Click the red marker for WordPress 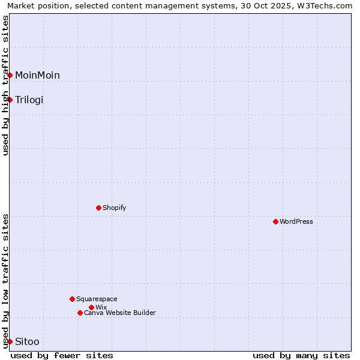pos(275,221)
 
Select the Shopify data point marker pos(98,208)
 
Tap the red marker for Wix pos(91,307)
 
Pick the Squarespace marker pos(72,299)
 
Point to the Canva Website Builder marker pos(80,313)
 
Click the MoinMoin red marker pos(10,75)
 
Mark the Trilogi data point pos(10,100)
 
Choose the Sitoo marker pos(10,341)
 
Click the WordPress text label pos(296,221)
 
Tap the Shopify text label pos(114,208)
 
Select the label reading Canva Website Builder pos(120,313)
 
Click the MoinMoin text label pos(37,75)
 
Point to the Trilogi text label pos(29,100)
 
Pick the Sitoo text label pos(27,342)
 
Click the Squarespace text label pos(97,299)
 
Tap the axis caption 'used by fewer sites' pos(62,355)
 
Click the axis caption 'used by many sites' pos(301,355)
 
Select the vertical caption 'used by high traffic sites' pos(5,85)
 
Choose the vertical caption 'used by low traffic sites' pos(5,281)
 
